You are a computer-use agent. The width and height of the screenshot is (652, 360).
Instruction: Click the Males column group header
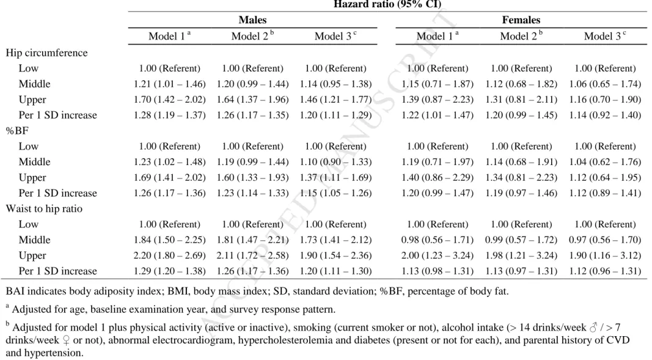pyautogui.click(x=252, y=20)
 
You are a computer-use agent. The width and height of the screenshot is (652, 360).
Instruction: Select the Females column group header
pyautogui.click(x=521, y=20)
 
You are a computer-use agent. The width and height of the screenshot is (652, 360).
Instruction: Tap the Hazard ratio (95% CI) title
pyautogui.click(x=387, y=4)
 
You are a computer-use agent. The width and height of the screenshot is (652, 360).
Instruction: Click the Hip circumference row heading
pyautogui.click(x=46, y=53)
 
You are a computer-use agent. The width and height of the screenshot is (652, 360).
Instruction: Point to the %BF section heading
pyautogui.click(x=17, y=131)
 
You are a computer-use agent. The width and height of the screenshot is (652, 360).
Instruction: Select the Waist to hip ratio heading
pyautogui.click(x=44, y=208)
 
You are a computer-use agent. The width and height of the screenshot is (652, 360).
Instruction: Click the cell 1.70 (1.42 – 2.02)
pyautogui.click(x=170, y=100)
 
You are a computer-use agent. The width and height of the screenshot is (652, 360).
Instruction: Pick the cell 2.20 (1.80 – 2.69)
pyautogui.click(x=170, y=255)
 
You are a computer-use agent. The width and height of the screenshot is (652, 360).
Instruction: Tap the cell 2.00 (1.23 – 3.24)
pyautogui.click(x=438, y=255)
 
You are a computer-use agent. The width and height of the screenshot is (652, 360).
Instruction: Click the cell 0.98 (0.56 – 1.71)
pyautogui.click(x=438, y=240)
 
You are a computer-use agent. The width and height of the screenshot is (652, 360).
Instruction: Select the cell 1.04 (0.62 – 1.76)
pyautogui.click(x=605, y=162)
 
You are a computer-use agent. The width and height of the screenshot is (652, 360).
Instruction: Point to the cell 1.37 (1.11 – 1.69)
pyautogui.click(x=335, y=177)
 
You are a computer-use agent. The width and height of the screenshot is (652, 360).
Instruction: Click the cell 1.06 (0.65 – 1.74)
pyautogui.click(x=605, y=84)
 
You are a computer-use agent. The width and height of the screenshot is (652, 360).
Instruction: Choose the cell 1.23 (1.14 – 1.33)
pyautogui.click(x=252, y=193)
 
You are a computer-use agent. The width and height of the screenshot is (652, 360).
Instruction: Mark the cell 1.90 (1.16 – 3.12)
pyautogui.click(x=605, y=255)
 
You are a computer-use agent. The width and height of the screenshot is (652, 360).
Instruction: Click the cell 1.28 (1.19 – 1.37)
pyautogui.click(x=170, y=115)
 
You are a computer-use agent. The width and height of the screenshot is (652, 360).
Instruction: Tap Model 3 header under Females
pyautogui.click(x=605, y=35)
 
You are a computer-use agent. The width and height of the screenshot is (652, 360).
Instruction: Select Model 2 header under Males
pyautogui.click(x=252, y=35)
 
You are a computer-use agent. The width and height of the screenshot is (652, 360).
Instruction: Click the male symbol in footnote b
pyautogui.click(x=593, y=328)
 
